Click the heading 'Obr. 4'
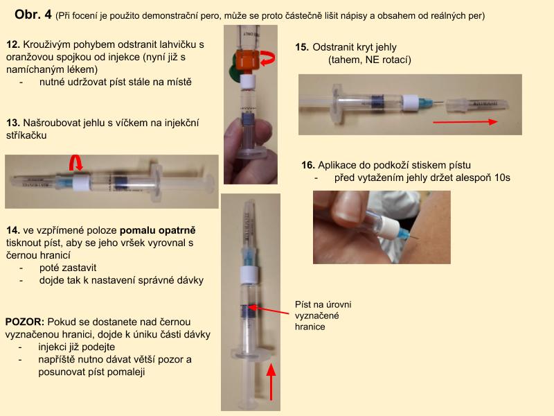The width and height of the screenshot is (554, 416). [x=33, y=15]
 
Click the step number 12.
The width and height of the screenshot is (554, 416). [x=12, y=44]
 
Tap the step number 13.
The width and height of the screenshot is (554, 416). [x=12, y=123]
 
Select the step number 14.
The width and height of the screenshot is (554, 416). [x=12, y=230]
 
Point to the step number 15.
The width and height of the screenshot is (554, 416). [x=302, y=47]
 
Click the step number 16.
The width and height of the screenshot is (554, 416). [x=308, y=165]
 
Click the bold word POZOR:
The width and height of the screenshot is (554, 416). [x=25, y=322]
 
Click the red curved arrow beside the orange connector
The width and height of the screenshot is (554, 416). [x=267, y=59]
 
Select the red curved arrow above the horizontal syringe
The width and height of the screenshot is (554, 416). [x=75, y=162]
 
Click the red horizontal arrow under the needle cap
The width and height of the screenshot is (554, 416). [x=465, y=122]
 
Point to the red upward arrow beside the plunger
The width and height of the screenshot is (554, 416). [x=271, y=382]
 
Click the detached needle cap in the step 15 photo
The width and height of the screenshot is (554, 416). [x=477, y=105]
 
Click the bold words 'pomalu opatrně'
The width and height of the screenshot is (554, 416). [x=158, y=230]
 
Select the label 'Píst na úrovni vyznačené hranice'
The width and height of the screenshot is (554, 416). [x=323, y=315]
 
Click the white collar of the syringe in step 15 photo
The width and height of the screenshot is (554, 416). [x=410, y=103]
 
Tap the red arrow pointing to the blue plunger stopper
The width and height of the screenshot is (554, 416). [x=269, y=310]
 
